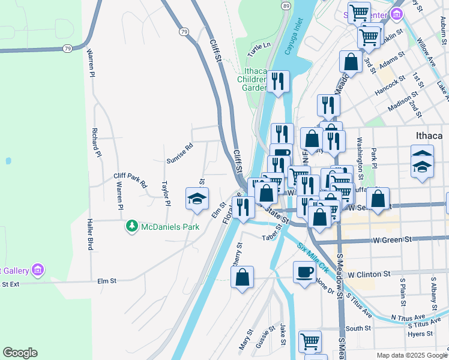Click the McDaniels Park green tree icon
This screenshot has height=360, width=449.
point(132,226)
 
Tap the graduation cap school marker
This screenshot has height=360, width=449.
point(196,199)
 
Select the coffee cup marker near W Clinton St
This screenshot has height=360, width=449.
point(304,272)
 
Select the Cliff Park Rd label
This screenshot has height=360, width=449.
point(130,181)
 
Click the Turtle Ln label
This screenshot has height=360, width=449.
point(259,45)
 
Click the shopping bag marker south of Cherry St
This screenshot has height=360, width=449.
point(242,278)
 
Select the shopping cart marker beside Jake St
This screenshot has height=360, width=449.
point(310,341)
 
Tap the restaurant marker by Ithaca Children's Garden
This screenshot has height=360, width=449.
point(277,82)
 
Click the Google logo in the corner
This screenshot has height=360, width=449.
point(20,353)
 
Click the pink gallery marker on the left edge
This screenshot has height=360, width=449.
point(38,270)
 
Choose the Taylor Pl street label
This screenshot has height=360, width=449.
point(166,194)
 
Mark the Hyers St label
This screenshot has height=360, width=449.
point(421,334)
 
